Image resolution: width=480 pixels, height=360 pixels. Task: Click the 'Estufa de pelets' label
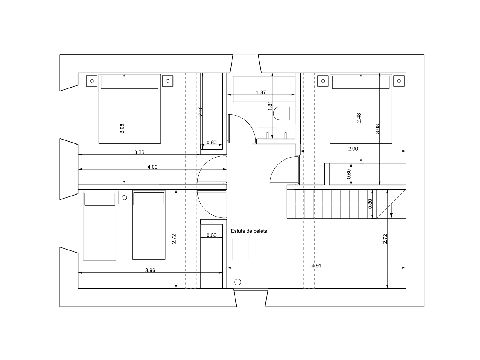[x=249, y=231]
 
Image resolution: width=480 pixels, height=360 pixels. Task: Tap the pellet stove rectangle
[x=240, y=249]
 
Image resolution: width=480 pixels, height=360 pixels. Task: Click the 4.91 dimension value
[x=316, y=265]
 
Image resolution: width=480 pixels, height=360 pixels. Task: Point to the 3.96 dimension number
[x=150, y=270]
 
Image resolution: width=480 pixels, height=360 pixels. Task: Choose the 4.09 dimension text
[x=152, y=167]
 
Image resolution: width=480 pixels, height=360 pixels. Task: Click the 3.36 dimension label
[x=139, y=152]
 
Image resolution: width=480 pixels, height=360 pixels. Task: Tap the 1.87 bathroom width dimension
[x=261, y=92]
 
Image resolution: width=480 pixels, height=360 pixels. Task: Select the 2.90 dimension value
[x=353, y=148]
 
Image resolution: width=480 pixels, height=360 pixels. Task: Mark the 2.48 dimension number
[x=359, y=118]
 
